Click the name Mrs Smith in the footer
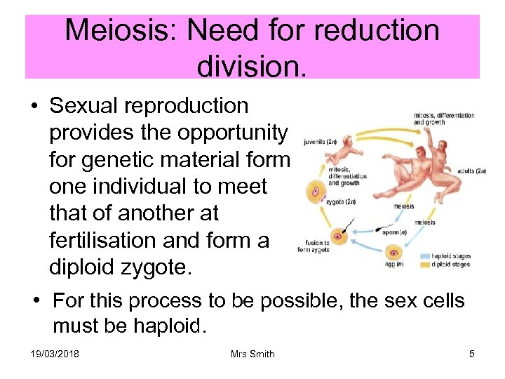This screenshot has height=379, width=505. [252, 354]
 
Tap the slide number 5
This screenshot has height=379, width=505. [472, 354]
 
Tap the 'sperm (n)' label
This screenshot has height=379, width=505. [395, 232]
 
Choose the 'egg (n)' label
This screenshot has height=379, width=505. [392, 264]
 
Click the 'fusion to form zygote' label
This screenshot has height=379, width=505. [313, 245]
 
